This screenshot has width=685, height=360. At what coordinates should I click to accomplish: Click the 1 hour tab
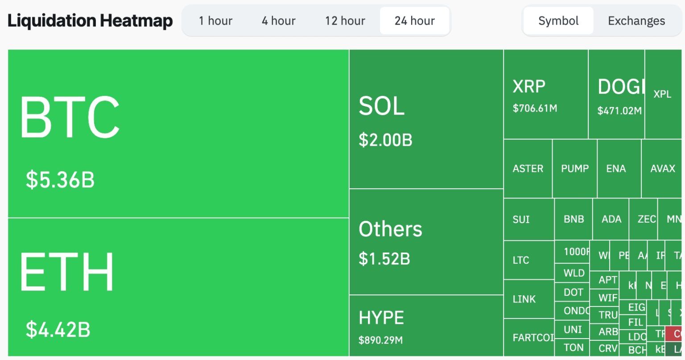[215, 21]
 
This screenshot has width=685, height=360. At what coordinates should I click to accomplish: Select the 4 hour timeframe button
[278, 21]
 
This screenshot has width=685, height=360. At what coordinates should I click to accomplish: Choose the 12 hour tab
[345, 21]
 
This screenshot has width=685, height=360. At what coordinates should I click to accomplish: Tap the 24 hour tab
[414, 21]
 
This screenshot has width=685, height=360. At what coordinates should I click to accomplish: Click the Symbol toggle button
[558, 21]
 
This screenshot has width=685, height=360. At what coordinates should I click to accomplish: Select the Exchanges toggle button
[636, 21]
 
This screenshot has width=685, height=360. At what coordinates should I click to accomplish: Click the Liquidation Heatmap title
[90, 21]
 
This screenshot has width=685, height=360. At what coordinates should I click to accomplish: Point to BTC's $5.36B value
[60, 179]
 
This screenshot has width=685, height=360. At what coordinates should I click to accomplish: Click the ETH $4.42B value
[58, 329]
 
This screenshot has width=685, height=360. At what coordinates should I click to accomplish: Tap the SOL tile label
[382, 106]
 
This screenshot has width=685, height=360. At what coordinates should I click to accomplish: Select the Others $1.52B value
[384, 259]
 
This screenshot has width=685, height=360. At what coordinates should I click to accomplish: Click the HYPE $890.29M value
[380, 340]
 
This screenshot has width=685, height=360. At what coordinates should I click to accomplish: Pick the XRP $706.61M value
[535, 108]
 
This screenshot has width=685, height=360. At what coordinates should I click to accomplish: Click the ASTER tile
[528, 169]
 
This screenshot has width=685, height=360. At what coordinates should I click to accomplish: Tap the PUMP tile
[575, 169]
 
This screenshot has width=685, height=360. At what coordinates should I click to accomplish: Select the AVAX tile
[663, 169]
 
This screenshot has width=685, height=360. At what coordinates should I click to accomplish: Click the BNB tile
[574, 219]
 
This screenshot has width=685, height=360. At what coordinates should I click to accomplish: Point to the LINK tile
[524, 299]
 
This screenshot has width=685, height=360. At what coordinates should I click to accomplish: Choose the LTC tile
[521, 260]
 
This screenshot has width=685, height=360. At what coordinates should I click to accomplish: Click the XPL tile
[662, 94]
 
